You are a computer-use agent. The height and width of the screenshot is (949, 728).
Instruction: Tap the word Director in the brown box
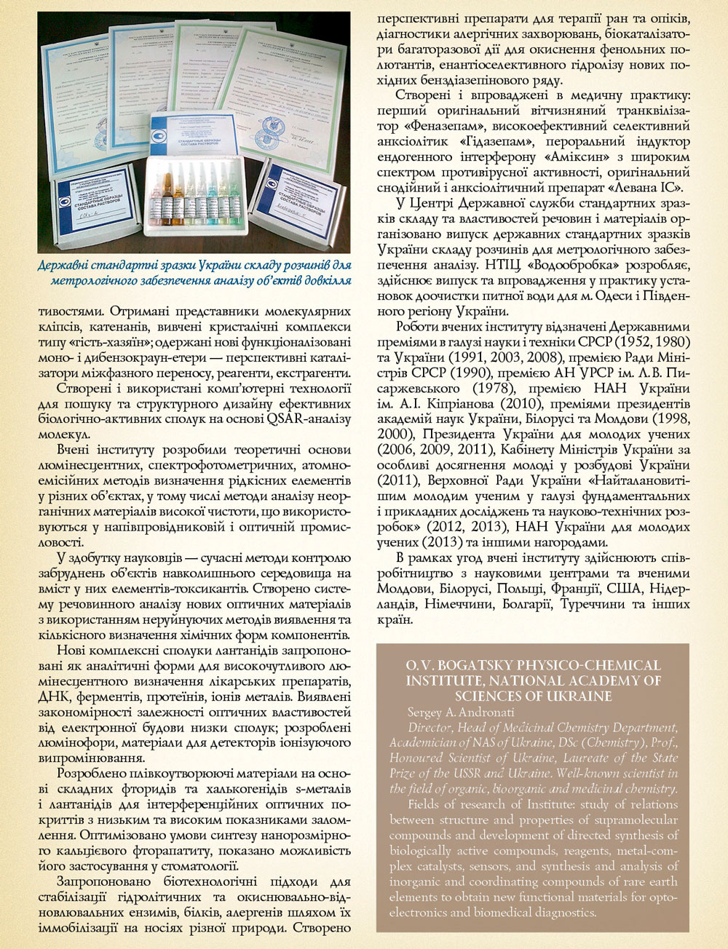pyautogui.click(x=430, y=728)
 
